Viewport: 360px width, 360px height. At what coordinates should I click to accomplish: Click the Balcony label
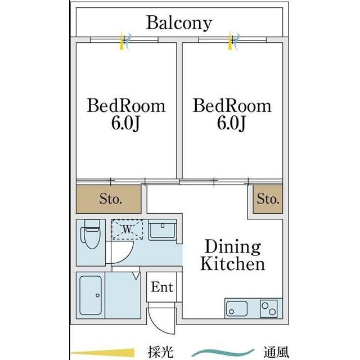click(x=179, y=23)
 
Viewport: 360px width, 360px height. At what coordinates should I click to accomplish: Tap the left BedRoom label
click(x=126, y=106)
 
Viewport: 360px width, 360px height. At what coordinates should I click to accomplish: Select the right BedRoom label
click(x=232, y=106)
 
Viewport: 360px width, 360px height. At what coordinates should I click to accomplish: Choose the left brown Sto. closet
click(x=109, y=199)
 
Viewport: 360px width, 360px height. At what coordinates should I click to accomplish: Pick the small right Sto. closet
click(x=268, y=199)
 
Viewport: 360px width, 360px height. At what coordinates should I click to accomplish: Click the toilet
click(x=91, y=234)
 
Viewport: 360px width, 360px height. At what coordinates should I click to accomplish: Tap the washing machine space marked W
click(x=127, y=229)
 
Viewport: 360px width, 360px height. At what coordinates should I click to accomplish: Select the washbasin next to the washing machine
click(x=163, y=230)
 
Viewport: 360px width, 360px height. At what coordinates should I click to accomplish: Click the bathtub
click(x=91, y=295)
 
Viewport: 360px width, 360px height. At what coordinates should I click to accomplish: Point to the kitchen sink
click(x=237, y=309)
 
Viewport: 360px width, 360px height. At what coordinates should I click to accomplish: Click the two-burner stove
click(x=269, y=309)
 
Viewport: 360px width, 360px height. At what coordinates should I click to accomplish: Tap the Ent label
click(x=162, y=287)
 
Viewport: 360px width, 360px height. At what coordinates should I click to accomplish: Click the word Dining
click(x=233, y=247)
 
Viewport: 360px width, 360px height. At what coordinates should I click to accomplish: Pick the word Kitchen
click(x=233, y=264)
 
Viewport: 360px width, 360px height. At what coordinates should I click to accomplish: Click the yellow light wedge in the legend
click(x=102, y=353)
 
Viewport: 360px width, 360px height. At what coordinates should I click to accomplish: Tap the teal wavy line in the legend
click(x=223, y=353)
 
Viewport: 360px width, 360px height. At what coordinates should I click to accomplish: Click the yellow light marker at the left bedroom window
click(x=121, y=41)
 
